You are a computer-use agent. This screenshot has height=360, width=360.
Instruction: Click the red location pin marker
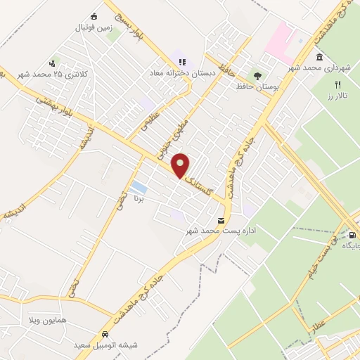click(181, 165)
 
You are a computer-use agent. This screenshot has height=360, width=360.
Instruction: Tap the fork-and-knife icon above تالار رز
click(338, 84)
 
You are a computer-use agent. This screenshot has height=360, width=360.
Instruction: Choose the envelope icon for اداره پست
click(221, 220)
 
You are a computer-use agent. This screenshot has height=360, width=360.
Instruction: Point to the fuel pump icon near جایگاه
click(352, 236)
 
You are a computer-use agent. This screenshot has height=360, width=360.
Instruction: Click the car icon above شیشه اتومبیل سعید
click(105, 335)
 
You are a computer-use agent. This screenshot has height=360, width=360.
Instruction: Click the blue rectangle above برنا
click(139, 187)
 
